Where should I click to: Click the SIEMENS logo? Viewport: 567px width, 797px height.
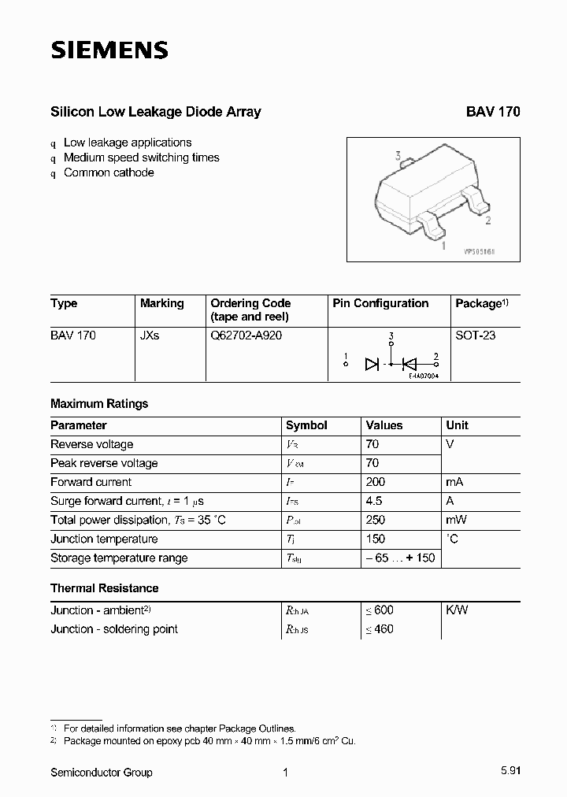(109, 51)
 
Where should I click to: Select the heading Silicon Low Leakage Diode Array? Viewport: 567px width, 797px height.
(155, 112)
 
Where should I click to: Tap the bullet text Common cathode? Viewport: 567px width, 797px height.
(109, 172)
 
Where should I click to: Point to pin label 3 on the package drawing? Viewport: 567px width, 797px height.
(398, 156)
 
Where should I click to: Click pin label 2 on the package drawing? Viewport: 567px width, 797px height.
(488, 221)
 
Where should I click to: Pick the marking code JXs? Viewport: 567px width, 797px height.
(150, 335)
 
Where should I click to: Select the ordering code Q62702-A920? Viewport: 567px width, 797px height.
(246, 335)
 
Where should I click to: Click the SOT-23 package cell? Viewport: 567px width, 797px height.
(476, 335)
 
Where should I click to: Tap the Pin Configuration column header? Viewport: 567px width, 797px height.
(380, 303)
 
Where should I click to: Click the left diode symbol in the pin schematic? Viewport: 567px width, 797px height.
(372, 364)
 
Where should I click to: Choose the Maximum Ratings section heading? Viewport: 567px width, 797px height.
(99, 403)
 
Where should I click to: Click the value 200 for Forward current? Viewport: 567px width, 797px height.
(375, 482)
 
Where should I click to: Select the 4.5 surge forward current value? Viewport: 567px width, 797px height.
(374, 501)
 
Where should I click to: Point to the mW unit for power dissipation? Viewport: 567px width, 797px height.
(456, 520)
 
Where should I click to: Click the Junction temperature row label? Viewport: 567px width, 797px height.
(104, 539)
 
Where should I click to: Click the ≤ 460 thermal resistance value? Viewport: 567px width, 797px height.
(379, 628)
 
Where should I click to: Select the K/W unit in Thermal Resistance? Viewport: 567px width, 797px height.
(457, 610)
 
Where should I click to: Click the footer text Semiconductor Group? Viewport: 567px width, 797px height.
(102, 773)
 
